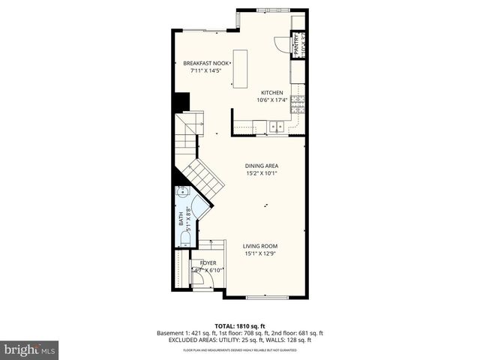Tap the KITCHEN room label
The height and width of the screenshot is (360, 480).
271,93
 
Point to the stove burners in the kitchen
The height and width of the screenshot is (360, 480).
298,103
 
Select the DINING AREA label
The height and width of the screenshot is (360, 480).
262,166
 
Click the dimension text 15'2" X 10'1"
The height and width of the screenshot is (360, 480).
262,173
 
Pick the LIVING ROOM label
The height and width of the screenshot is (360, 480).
261,246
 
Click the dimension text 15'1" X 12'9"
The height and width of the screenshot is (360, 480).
261,253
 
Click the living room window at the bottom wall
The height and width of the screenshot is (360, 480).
267,298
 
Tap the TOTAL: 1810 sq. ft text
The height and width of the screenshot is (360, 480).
239,325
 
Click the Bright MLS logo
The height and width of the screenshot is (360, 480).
30,349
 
